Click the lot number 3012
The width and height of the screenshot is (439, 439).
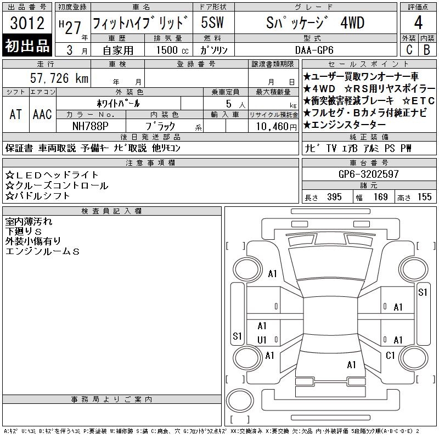click(x=27, y=23)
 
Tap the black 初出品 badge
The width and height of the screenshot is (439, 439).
click(x=27, y=45)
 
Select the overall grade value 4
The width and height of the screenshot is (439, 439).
click(x=418, y=22)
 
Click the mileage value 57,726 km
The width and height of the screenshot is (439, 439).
click(x=59, y=78)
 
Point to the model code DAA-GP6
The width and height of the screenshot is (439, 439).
click(x=314, y=50)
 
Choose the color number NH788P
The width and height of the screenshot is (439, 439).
click(x=91, y=126)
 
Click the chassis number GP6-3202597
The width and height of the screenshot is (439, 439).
click(x=368, y=174)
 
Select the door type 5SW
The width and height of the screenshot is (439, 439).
click(x=212, y=22)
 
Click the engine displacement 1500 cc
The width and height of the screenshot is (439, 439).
click(x=172, y=50)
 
